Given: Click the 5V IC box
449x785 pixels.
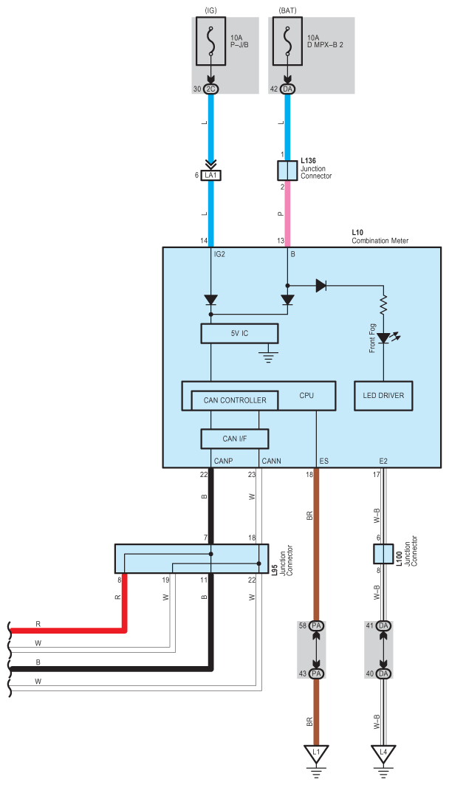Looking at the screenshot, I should (239, 333).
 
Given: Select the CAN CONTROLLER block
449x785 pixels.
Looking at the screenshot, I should (234, 400).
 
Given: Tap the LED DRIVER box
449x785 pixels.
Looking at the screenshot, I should (383, 396).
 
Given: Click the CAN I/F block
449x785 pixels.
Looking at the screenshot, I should (234, 439).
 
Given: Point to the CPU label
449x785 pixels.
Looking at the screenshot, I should (306, 396).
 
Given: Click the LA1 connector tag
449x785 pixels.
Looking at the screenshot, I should (211, 175).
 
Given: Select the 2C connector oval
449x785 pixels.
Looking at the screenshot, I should (211, 89).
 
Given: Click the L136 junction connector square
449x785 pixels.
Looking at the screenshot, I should (287, 171).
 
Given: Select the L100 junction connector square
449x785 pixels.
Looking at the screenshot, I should (383, 554).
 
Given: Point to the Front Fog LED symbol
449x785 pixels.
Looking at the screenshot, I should (383, 339).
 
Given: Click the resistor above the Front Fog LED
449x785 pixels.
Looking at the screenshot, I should (383, 304).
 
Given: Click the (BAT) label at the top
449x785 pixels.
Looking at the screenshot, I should (287, 10).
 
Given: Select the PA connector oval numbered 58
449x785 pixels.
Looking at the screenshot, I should (317, 625).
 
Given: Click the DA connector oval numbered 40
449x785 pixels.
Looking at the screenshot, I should (383, 673).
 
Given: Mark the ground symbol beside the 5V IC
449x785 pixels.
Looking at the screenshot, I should (268, 358).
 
